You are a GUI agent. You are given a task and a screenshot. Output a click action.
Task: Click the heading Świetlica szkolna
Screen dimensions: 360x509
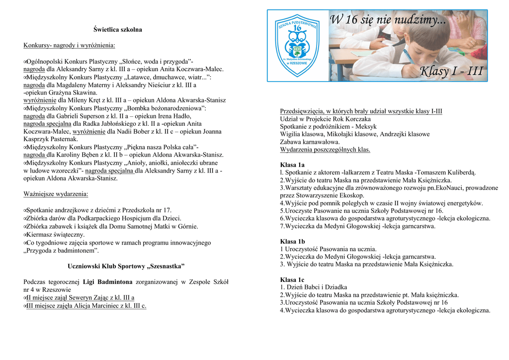(x=118, y=30)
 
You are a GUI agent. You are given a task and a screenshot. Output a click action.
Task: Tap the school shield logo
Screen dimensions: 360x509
(x=297, y=45)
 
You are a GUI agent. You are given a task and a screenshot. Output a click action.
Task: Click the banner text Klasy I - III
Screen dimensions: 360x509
(x=451, y=72)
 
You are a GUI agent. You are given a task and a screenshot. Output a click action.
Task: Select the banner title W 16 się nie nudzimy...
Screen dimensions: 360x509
(x=388, y=21)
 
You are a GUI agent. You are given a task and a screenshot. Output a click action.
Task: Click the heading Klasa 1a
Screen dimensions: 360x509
(x=292, y=165)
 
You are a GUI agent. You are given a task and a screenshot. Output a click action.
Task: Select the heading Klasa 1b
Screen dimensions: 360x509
(x=292, y=241)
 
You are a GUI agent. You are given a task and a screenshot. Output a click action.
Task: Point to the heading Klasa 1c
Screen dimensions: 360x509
(x=292, y=279)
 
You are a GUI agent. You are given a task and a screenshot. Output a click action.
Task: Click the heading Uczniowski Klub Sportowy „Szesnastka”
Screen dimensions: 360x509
(x=126, y=266)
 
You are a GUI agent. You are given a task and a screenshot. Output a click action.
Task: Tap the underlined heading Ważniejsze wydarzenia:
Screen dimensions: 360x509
(x=56, y=194)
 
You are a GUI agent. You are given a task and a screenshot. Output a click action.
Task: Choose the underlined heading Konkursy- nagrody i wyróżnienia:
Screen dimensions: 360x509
(x=69, y=46)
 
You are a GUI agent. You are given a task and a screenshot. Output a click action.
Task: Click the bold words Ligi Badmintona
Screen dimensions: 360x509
(x=107, y=282)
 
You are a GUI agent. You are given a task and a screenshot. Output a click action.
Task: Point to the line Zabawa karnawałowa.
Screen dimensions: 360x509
(x=310, y=142)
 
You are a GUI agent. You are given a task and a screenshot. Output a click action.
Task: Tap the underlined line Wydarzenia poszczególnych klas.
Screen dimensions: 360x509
(x=325, y=150)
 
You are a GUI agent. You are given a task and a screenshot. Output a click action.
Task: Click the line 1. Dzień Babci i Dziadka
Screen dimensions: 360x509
(x=314, y=287)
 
